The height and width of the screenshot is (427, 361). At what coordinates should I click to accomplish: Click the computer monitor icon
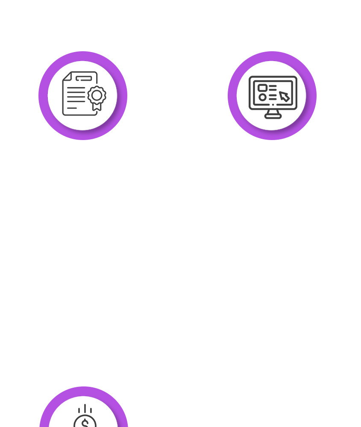click(273, 96)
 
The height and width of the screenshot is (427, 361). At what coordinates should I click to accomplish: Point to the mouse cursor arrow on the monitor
click(284, 97)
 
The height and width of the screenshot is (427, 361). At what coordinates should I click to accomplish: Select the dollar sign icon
click(85, 421)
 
